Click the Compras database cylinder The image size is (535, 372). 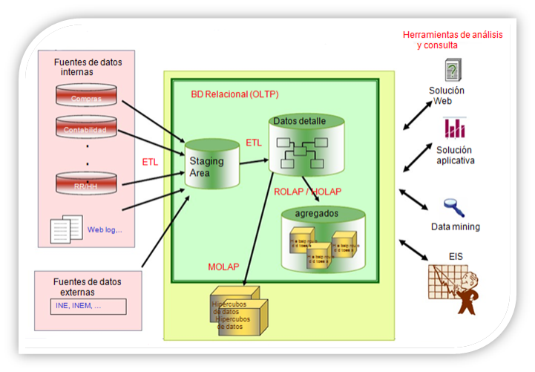[x=86, y=97]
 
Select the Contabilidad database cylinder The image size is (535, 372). [x=86, y=129]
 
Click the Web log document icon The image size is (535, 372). [x=65, y=229]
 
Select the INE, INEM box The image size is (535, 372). [x=88, y=306]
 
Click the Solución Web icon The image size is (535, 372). [x=451, y=70]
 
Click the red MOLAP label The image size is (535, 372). [x=224, y=266]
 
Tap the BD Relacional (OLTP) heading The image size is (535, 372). [x=230, y=95]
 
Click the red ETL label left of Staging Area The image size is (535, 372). [x=151, y=161]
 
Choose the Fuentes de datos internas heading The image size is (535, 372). [x=88, y=68]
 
